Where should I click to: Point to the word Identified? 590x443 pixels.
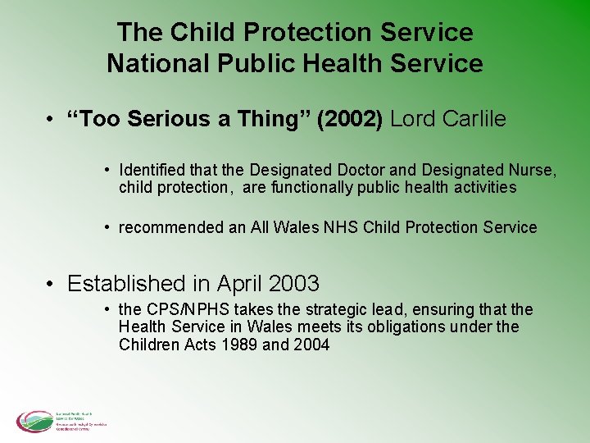tap(153, 170)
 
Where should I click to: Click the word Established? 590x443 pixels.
tap(127, 283)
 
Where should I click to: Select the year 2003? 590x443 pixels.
tap(293, 283)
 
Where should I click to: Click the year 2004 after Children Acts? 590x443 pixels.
tap(311, 345)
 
